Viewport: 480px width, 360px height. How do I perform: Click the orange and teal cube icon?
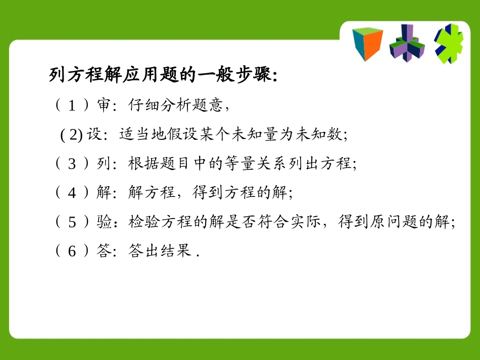click(x=367, y=43)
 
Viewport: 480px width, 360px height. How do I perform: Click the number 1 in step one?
click(x=72, y=106)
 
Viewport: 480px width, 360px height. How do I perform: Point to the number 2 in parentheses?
click(x=75, y=135)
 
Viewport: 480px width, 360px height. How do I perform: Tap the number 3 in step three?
click(x=72, y=164)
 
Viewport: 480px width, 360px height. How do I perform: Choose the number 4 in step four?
click(x=72, y=192)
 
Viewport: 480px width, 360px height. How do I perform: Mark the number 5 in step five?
click(x=72, y=222)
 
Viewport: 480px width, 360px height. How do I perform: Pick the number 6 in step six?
click(x=72, y=251)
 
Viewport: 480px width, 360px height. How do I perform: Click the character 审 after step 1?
click(x=103, y=106)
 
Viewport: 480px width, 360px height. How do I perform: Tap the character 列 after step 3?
click(x=103, y=164)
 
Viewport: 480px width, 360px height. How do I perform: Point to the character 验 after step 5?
click(x=103, y=222)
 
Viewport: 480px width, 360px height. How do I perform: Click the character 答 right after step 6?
click(x=103, y=251)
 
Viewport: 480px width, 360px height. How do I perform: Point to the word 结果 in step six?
click(x=175, y=251)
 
